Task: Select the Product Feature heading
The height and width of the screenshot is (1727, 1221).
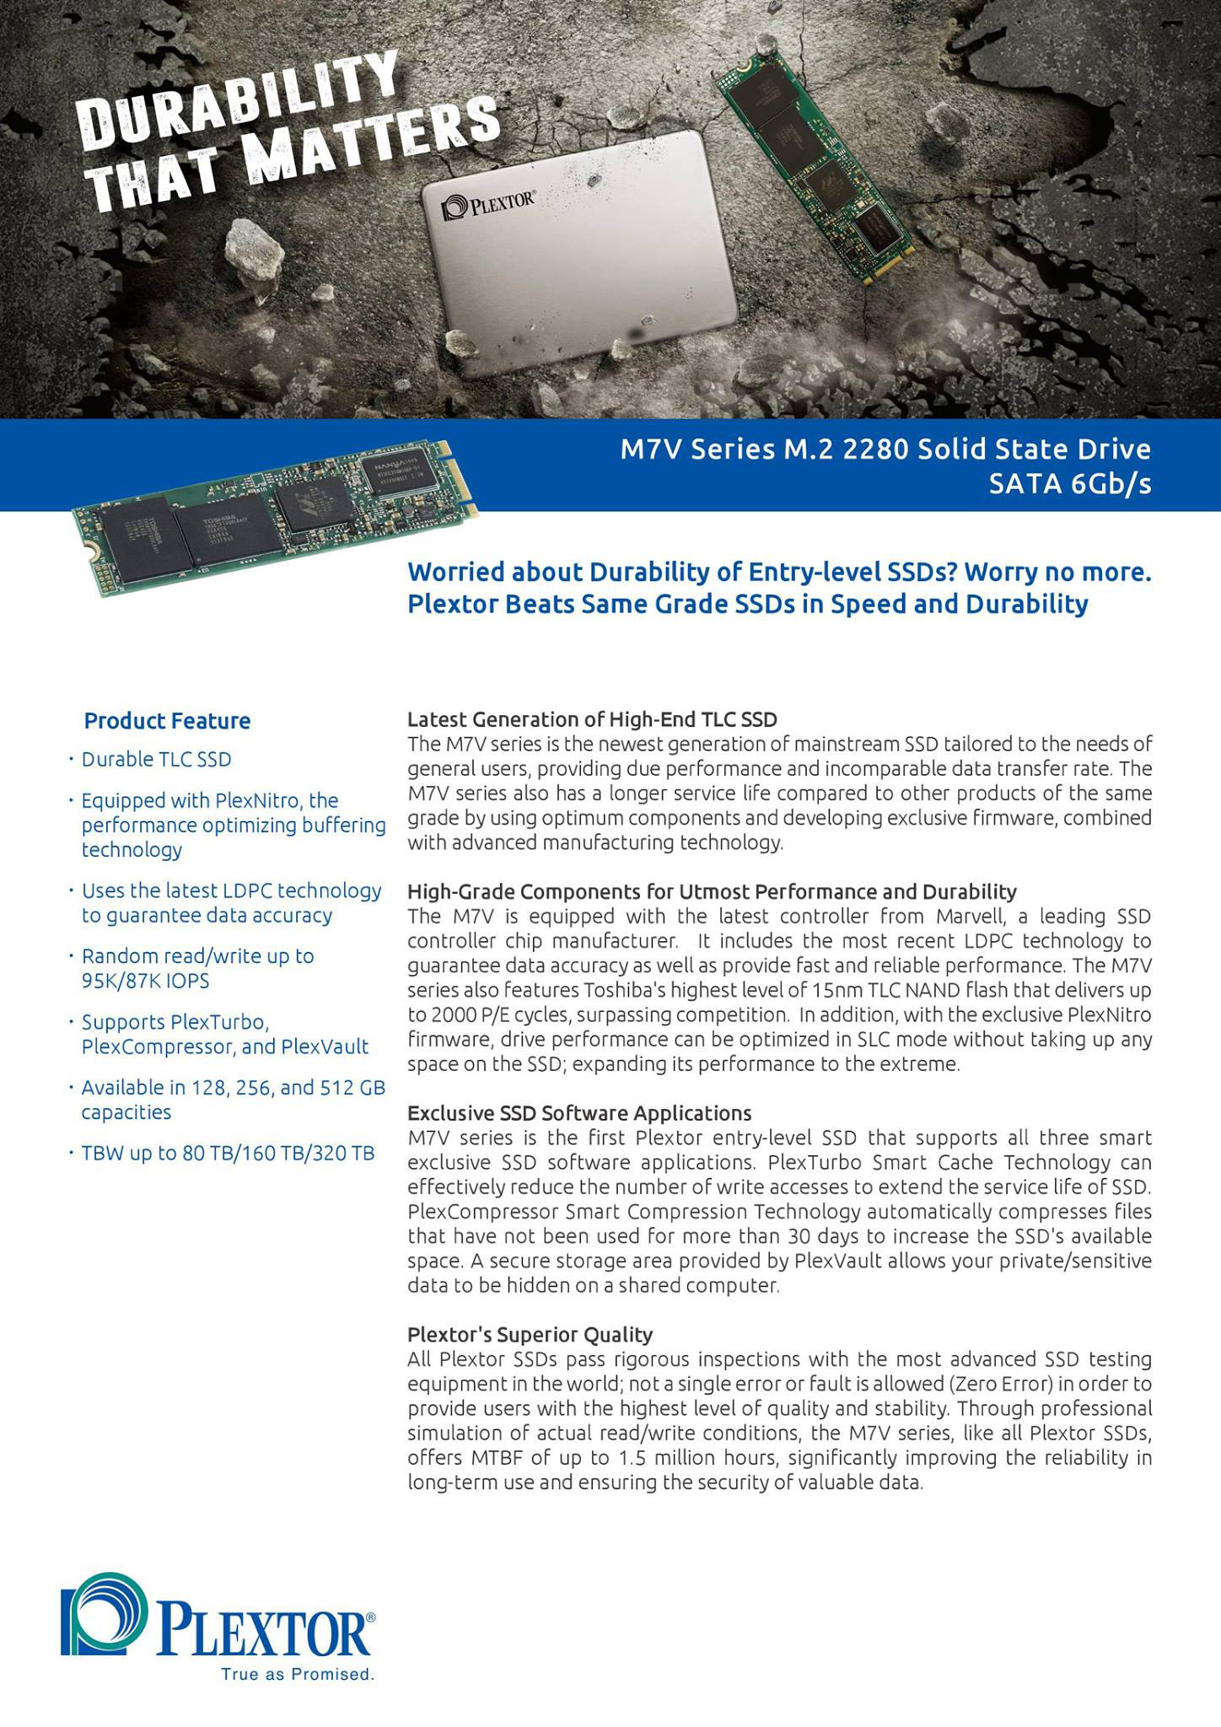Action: coord(167,721)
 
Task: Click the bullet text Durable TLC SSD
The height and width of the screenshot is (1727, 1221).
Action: coord(156,760)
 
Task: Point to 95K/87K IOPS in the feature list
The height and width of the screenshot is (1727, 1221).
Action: coord(145,981)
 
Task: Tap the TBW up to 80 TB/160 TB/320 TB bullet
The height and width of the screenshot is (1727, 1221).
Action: coord(228,1153)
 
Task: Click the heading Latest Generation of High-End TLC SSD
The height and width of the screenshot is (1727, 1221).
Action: coord(592,719)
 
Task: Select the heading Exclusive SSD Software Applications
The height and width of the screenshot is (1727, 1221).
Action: coord(579,1113)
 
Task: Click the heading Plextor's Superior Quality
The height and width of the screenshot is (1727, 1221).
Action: coord(530,1335)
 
